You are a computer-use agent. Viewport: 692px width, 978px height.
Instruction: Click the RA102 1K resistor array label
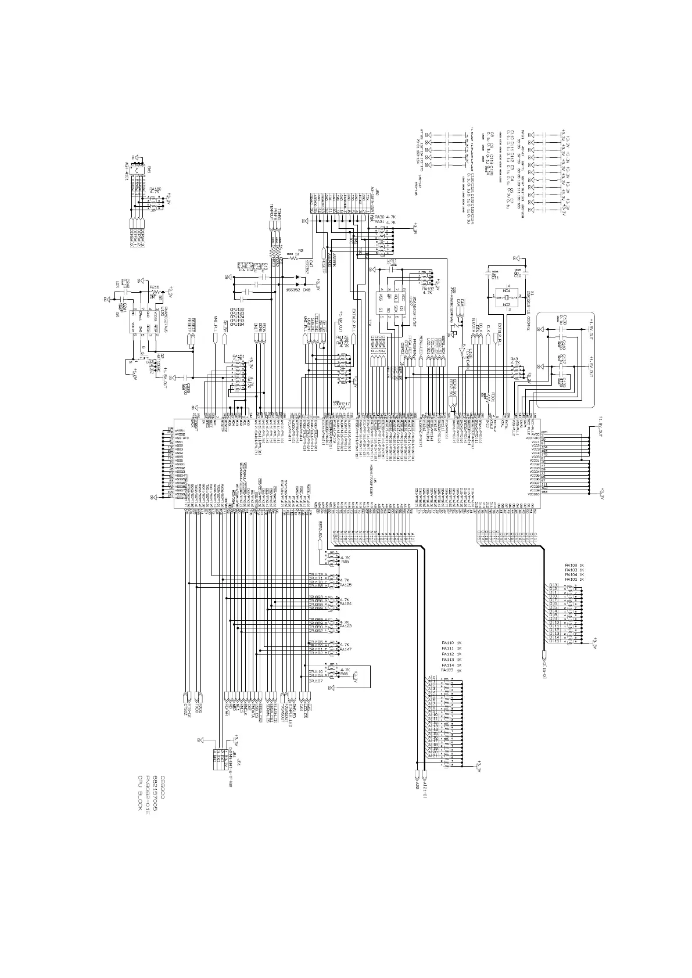[574, 564]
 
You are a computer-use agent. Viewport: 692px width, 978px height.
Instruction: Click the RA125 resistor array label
[345, 585]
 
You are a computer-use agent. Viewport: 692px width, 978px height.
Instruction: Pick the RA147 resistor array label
[345, 649]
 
